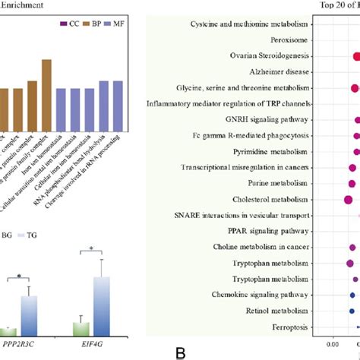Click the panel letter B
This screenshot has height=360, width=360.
click(x=179, y=352)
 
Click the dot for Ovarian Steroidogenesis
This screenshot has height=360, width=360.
click(x=357, y=56)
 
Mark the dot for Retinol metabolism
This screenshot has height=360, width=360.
click(x=352, y=311)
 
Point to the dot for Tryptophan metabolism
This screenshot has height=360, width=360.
click(x=349, y=263)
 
